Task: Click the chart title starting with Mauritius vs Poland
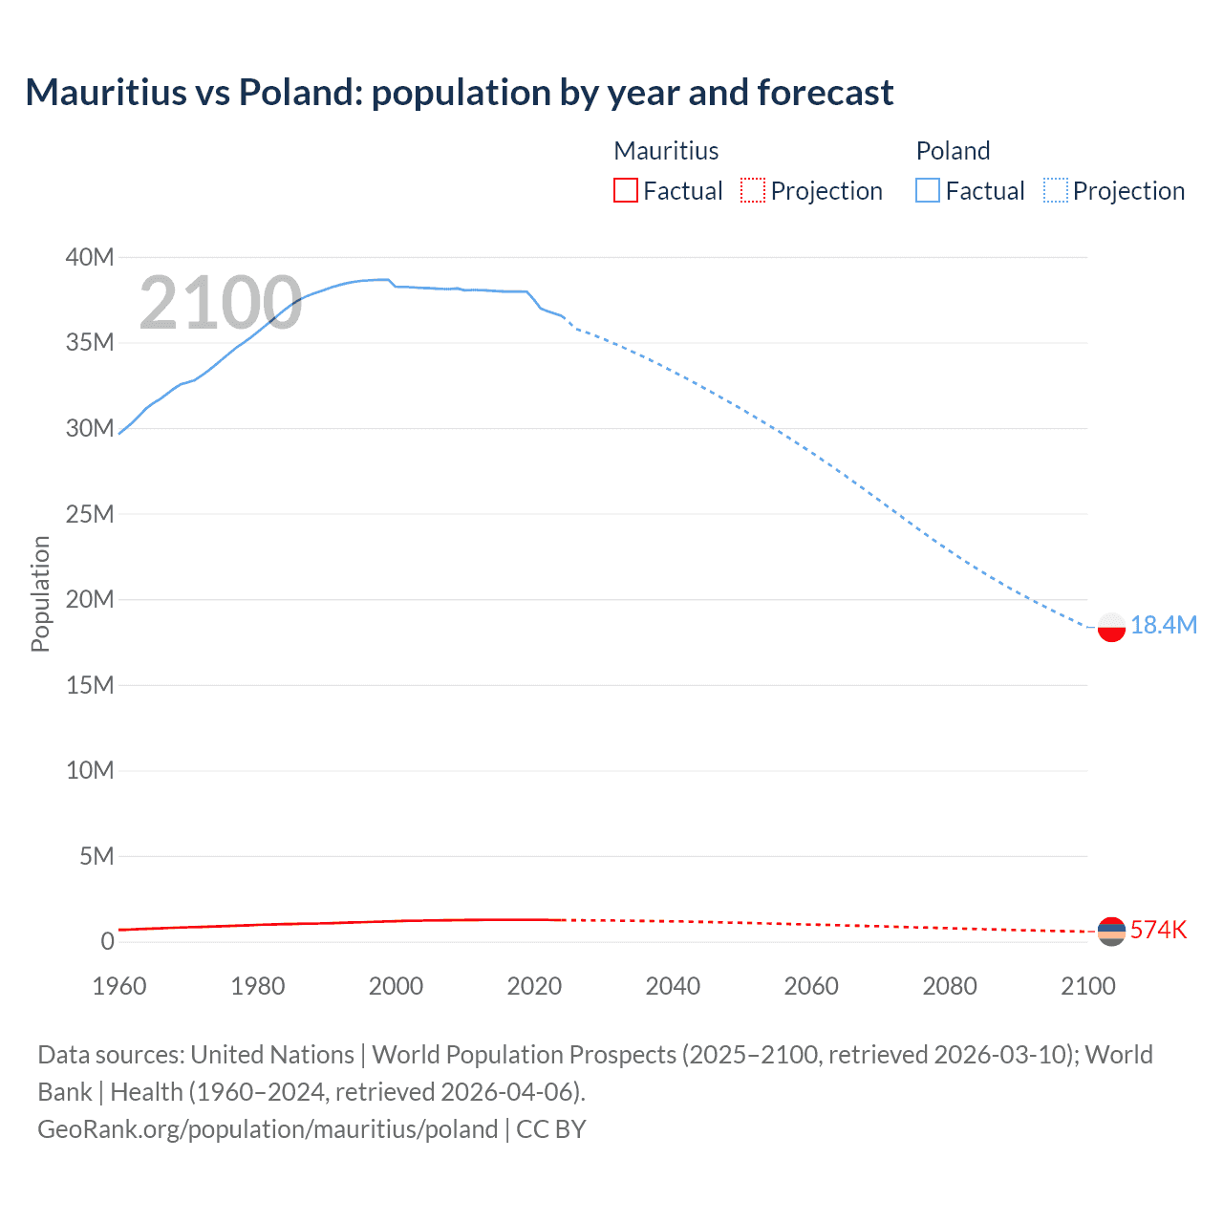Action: pos(459,93)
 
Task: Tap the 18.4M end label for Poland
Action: pos(1163,625)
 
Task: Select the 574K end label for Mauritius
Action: pos(1158,930)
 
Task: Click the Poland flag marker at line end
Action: pos(1111,627)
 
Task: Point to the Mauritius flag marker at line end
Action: pos(1111,931)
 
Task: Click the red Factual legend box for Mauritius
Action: pos(625,191)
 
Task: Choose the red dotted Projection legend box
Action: pos(753,191)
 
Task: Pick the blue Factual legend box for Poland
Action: pos(927,191)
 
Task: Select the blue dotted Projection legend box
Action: pos(1056,191)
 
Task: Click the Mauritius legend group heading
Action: pos(666,151)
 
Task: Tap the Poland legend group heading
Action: pos(953,151)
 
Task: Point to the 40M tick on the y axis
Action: pos(90,257)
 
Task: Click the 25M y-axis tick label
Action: pos(90,514)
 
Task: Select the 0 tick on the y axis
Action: pos(107,941)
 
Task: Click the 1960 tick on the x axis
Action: pos(119,986)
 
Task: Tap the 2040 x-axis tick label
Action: pos(673,986)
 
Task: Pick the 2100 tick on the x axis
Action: pos(1087,986)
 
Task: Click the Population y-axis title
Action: pos(40,593)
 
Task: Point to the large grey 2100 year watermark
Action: pos(221,304)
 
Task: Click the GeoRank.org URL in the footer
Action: pos(268,1129)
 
